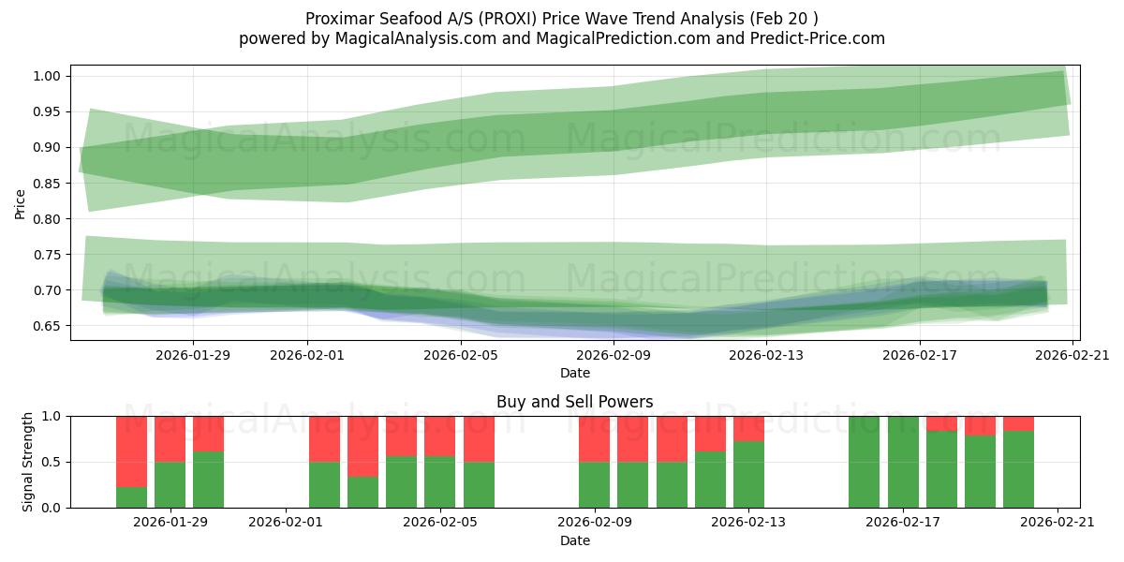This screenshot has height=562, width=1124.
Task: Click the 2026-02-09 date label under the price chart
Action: click(614, 355)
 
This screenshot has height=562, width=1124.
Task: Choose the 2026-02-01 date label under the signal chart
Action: click(286, 523)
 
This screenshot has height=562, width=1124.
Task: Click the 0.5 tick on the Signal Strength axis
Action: click(52, 462)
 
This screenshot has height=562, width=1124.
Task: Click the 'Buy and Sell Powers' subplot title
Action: click(574, 402)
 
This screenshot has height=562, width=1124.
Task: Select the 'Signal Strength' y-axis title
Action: click(28, 462)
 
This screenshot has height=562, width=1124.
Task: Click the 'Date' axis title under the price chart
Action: click(574, 373)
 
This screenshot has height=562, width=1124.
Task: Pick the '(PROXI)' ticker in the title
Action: click(507, 19)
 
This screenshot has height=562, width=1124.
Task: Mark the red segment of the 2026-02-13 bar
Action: click(748, 428)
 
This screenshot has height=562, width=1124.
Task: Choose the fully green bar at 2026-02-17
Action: click(903, 462)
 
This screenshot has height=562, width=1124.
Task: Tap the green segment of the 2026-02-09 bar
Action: click(594, 484)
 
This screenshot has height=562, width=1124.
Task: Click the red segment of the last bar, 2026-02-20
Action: click(1018, 422)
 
